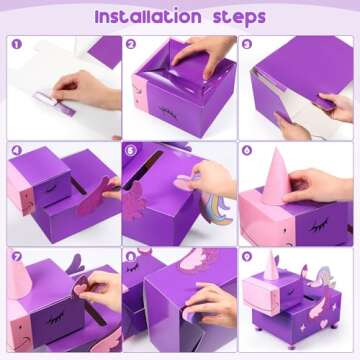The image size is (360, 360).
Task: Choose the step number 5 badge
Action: tap(132, 151)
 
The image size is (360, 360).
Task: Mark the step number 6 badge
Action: tap(247, 151)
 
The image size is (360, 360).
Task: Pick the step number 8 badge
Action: tap(132, 257)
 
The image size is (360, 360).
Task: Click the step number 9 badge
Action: tap(247, 257)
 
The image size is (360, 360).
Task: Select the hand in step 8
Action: tap(213, 304)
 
